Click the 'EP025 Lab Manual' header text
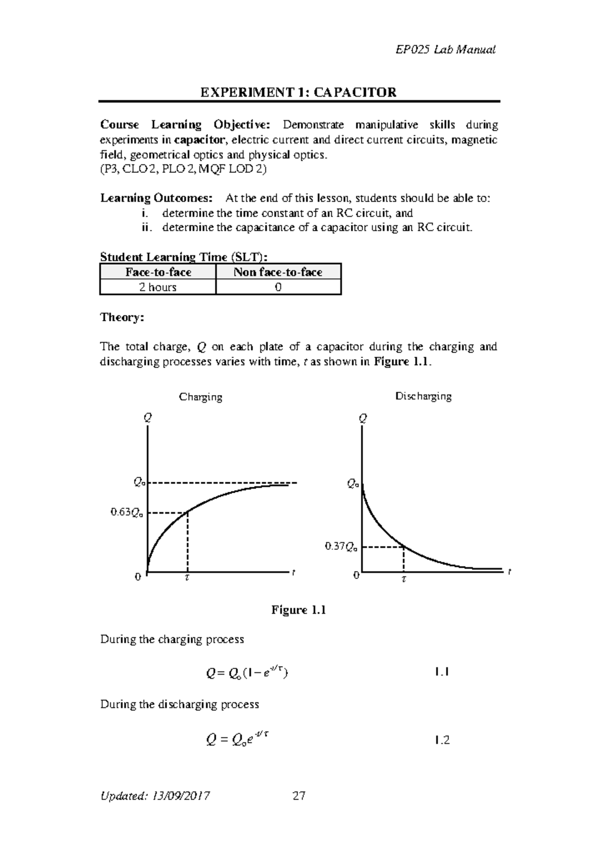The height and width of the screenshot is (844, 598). pyautogui.click(x=445, y=49)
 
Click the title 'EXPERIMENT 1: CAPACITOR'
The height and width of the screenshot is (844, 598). pyautogui.click(x=299, y=92)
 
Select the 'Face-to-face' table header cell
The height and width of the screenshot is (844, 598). pyautogui.click(x=158, y=272)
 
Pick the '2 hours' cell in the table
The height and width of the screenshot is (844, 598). pyautogui.click(x=158, y=287)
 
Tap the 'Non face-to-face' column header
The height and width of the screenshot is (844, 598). pyautogui.click(x=278, y=272)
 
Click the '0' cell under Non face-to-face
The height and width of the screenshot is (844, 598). pyautogui.click(x=278, y=287)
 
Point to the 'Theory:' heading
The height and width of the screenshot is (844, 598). pyautogui.click(x=122, y=317)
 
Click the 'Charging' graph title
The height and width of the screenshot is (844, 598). pyautogui.click(x=200, y=397)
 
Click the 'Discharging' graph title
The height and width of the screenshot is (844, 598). pyautogui.click(x=423, y=396)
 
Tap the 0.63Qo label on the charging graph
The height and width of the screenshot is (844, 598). pyautogui.click(x=127, y=512)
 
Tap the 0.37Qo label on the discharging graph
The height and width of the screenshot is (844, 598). pyautogui.click(x=341, y=547)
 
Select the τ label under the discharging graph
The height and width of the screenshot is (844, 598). pyautogui.click(x=404, y=579)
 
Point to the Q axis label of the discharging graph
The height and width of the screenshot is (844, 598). pyautogui.click(x=363, y=419)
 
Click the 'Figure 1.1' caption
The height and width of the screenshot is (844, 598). pyautogui.click(x=299, y=610)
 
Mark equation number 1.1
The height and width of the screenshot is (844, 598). pyautogui.click(x=442, y=672)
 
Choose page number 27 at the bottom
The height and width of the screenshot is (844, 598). pyautogui.click(x=299, y=796)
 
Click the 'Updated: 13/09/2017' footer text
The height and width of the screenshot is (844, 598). pyautogui.click(x=155, y=796)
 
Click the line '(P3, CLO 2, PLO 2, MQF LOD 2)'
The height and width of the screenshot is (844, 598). pyautogui.click(x=183, y=169)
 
